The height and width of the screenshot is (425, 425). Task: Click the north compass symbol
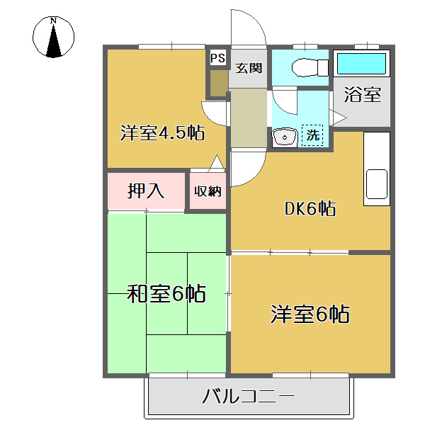click(55, 40)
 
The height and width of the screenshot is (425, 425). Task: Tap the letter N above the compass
click(54, 21)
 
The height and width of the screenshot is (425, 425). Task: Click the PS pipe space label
click(217, 57)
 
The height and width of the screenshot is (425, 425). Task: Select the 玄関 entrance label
click(249, 69)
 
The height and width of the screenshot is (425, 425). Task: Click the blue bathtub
click(361, 64)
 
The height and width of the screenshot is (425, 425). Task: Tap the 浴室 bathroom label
click(363, 95)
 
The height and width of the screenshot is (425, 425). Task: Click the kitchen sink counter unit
click(376, 170)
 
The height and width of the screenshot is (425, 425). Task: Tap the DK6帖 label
click(310, 209)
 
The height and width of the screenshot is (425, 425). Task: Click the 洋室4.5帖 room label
click(162, 132)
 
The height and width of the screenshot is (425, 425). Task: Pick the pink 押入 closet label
click(146, 191)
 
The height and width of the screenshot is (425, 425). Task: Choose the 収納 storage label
click(208, 191)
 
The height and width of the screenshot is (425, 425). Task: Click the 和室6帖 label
click(166, 293)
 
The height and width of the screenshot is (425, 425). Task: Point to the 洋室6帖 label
click(310, 314)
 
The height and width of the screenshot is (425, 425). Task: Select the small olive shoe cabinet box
click(218, 84)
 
